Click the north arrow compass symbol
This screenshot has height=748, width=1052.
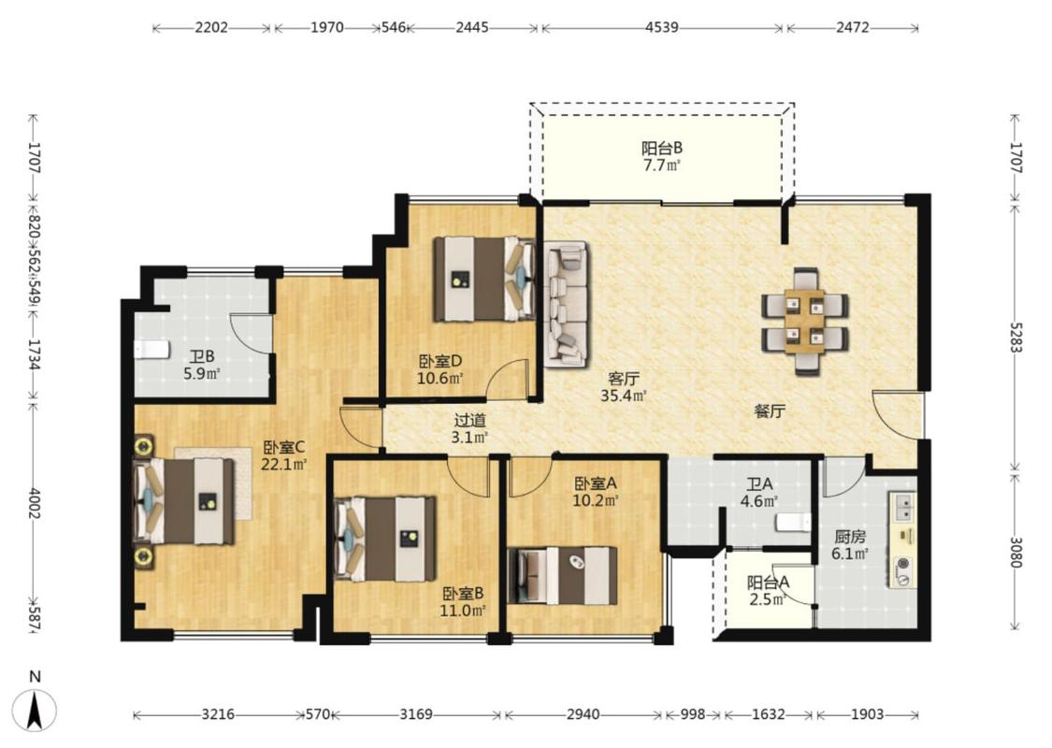click(35, 710)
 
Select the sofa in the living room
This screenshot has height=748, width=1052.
click(567, 304)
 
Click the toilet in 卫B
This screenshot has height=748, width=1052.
click(151, 350)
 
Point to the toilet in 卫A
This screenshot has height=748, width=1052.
click(793, 523)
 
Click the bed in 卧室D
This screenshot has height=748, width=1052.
click(483, 279)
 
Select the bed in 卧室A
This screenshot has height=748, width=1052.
click(562, 576)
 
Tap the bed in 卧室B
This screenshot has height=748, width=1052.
click(385, 539)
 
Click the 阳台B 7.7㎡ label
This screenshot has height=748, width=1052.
click(662, 156)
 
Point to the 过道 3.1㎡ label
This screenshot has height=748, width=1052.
click(469, 429)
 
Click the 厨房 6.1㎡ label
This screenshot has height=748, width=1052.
click(850, 545)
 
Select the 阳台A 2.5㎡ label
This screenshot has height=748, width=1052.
click(769, 591)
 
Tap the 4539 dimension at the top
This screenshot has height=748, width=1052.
click(662, 27)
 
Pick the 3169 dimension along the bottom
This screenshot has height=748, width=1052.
click(416, 714)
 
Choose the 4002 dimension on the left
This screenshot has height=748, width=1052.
click(35, 503)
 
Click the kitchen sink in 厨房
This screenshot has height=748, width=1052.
click(902, 507)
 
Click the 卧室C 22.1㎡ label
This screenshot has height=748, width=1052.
click(283, 455)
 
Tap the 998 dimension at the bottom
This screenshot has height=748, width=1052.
click(692, 714)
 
